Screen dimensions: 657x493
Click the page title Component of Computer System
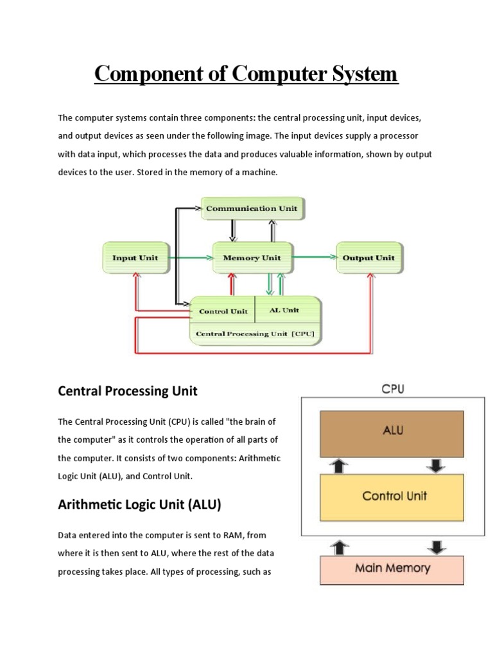246,74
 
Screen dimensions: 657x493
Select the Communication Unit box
251,209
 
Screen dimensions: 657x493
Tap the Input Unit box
135,258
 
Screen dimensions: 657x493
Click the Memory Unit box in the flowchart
252,258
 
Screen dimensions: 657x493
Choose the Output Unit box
368,258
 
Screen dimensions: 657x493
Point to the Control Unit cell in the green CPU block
223,311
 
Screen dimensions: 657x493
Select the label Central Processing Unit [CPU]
255,334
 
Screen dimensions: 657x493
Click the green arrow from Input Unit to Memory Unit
189,258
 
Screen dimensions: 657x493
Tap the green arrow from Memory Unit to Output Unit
315,258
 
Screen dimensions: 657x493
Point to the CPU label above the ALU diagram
392,389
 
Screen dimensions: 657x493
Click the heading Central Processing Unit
128,391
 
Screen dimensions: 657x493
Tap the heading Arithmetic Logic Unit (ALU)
139,505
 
